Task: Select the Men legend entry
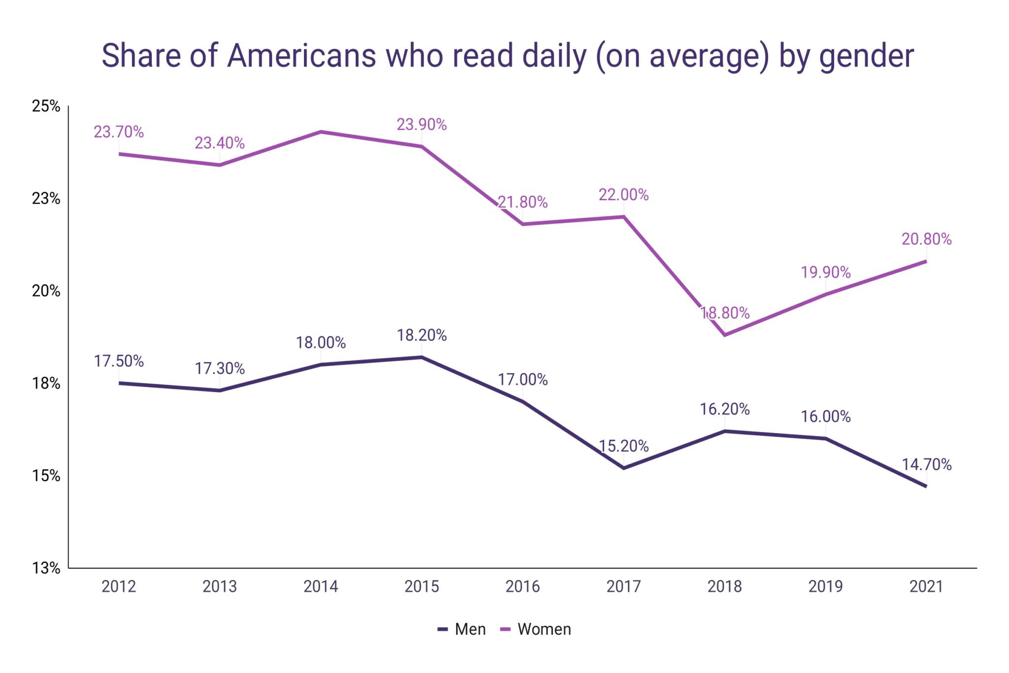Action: (x=462, y=629)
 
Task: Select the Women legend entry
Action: (x=536, y=629)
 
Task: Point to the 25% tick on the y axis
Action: (x=46, y=106)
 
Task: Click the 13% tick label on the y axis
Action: (x=46, y=568)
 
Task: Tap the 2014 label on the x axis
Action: (x=321, y=586)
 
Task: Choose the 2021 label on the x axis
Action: (x=926, y=586)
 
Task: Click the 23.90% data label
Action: (x=422, y=125)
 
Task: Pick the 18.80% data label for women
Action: (x=725, y=313)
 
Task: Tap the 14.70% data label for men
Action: (x=926, y=464)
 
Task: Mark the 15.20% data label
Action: (x=624, y=446)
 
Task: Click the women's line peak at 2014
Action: (x=321, y=132)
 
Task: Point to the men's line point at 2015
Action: (x=422, y=357)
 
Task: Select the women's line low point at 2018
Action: (x=725, y=335)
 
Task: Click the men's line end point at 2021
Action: (x=926, y=486)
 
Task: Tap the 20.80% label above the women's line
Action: (x=926, y=239)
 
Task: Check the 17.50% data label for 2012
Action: (x=119, y=361)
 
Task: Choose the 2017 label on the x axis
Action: (x=624, y=586)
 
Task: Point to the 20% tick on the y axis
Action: (x=46, y=291)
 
